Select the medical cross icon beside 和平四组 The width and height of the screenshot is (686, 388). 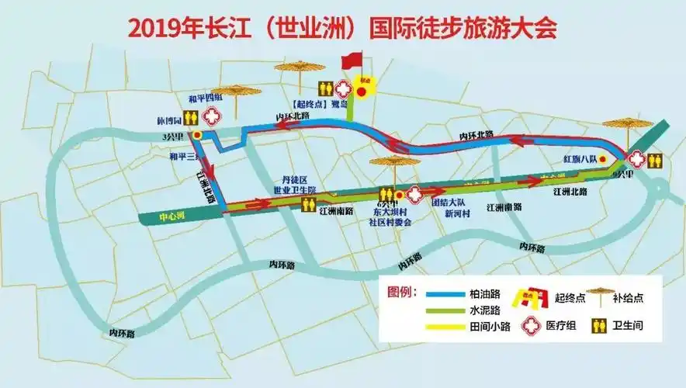click(210, 117)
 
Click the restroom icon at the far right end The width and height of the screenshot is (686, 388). click(656, 161)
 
